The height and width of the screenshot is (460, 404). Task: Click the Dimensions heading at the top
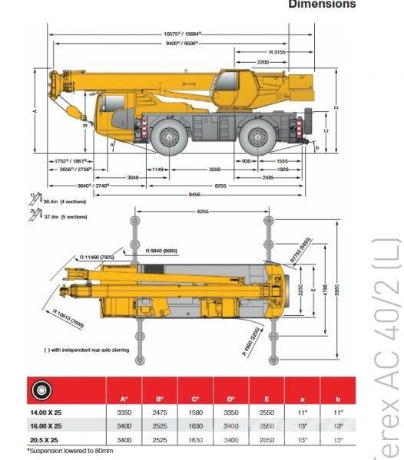click(x=322, y=5)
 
